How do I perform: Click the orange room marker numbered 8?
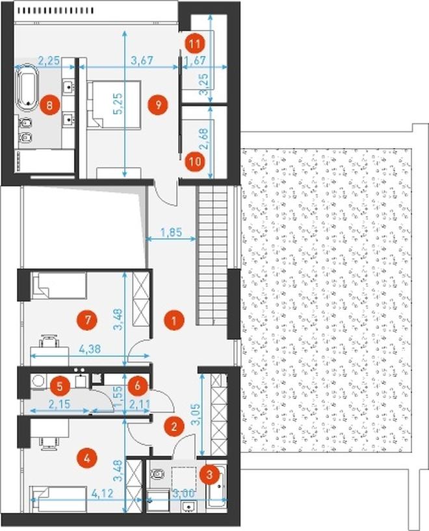(50, 105)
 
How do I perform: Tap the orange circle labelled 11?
(195, 44)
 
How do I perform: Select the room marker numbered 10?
(195, 161)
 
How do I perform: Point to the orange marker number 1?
(174, 320)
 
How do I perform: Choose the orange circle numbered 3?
(209, 474)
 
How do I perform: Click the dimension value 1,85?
(171, 232)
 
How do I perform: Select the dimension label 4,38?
(90, 349)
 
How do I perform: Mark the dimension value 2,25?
(49, 61)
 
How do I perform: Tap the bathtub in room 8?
(27, 86)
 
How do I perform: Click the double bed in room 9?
(114, 105)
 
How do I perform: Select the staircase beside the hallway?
(213, 256)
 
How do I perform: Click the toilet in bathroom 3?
(157, 473)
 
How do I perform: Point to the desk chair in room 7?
(49, 340)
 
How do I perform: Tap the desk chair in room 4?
(49, 443)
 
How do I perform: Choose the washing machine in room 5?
(36, 381)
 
